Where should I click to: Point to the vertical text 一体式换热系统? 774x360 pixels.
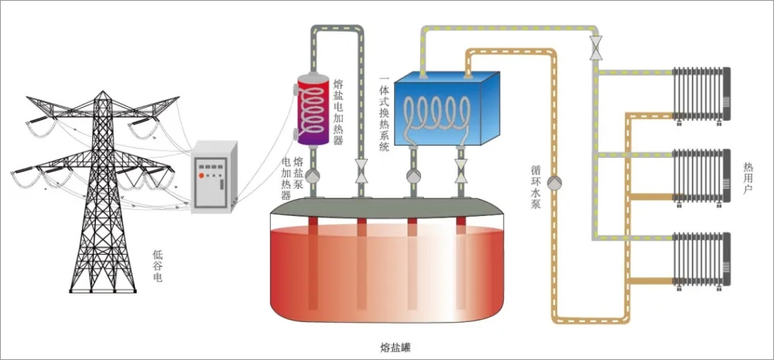tap(384, 113)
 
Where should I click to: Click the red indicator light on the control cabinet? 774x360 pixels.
tap(202, 175)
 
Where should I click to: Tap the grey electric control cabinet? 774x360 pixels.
tap(211, 176)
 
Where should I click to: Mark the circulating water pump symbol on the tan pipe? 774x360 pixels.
tap(554, 183)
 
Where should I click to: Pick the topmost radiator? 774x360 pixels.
tap(701, 94)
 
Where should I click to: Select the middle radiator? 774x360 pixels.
tap(701, 177)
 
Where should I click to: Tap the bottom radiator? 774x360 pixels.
tap(701, 259)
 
